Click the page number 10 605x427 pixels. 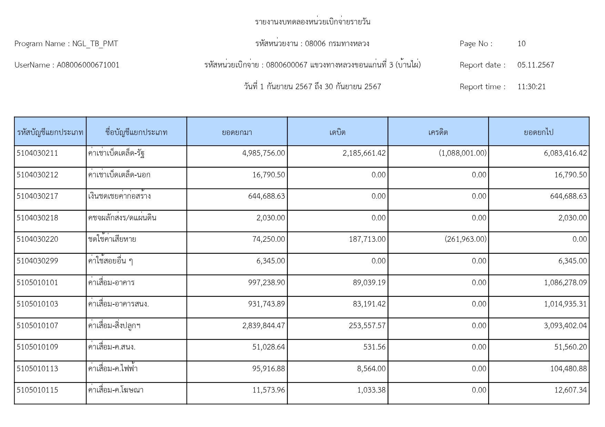[x=521, y=44]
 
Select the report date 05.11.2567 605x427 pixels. [x=535, y=65]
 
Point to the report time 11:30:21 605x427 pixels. [x=531, y=87]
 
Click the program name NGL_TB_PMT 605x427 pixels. [x=95, y=44]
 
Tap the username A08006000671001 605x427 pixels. [x=88, y=65]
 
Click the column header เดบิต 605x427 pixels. [x=337, y=132]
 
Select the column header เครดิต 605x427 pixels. [x=438, y=132]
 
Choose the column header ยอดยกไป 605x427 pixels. [x=538, y=132]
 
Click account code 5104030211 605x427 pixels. [x=37, y=153]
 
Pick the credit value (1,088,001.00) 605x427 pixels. [x=462, y=153]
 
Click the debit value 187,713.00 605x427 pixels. [x=367, y=239]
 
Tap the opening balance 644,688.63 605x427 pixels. [x=266, y=196]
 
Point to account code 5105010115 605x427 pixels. [x=37, y=390]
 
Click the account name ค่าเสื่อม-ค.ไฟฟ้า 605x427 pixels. [x=113, y=368]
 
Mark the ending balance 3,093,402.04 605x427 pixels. [x=565, y=326]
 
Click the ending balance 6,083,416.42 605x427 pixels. [x=565, y=153]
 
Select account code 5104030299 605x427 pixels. [x=37, y=261]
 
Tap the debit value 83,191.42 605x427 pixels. [x=369, y=304]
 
